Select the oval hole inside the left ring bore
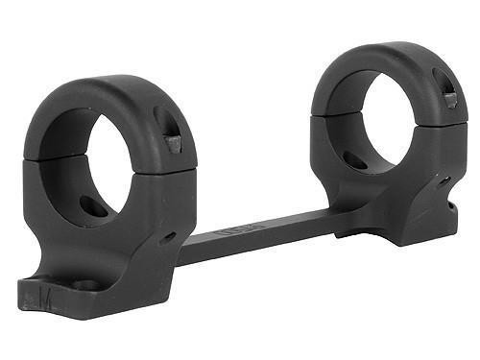pos(93,204)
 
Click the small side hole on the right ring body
pos(444,180)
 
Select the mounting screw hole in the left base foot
pos(84,284)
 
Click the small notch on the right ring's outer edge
pos(452,204)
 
